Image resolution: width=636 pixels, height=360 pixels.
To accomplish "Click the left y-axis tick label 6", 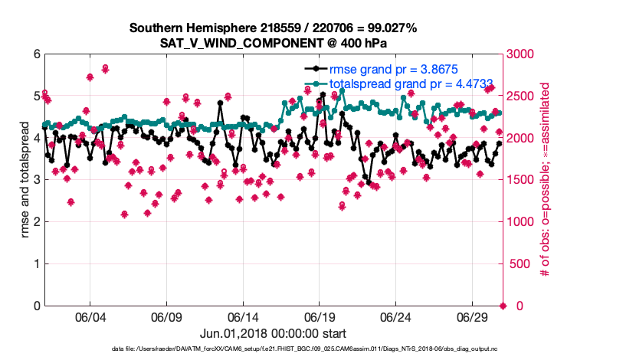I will click(x=37, y=54).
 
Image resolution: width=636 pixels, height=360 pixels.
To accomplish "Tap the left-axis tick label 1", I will click(x=37, y=264).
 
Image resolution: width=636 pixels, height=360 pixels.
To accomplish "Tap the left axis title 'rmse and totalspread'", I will click(x=25, y=180).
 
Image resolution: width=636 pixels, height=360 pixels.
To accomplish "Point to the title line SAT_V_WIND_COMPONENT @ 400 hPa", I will click(x=273, y=43).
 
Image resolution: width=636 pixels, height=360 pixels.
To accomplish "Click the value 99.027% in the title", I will click(x=389, y=28).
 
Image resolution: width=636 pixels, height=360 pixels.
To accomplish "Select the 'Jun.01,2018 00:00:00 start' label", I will click(x=273, y=333).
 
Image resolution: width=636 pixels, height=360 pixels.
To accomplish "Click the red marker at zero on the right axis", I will click(x=503, y=306).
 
